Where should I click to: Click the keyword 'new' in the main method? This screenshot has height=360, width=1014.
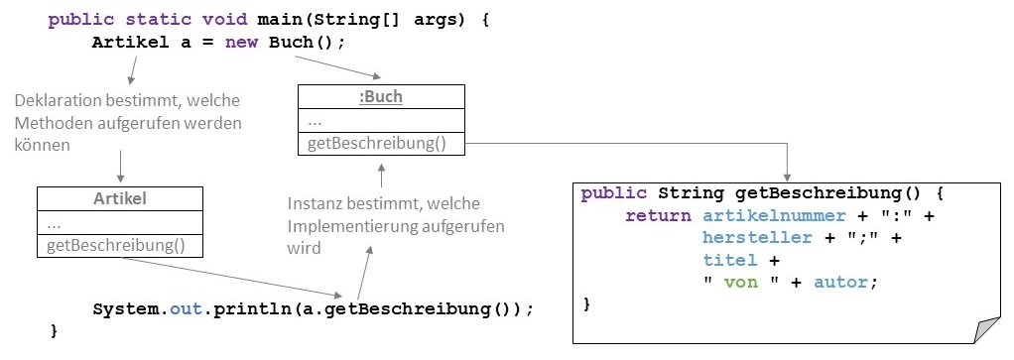click(x=242, y=43)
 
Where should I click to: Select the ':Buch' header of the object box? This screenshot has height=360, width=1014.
click(x=381, y=96)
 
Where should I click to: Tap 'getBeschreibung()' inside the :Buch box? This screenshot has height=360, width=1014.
click(x=377, y=143)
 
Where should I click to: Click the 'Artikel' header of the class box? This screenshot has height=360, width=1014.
click(x=120, y=198)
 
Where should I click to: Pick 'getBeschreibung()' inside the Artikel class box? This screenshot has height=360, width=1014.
click(x=116, y=245)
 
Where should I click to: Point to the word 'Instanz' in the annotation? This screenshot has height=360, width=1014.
click(x=317, y=204)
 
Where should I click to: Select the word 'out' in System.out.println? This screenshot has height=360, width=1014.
click(x=187, y=307)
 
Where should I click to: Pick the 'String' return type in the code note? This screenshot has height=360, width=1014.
click(x=693, y=191)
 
